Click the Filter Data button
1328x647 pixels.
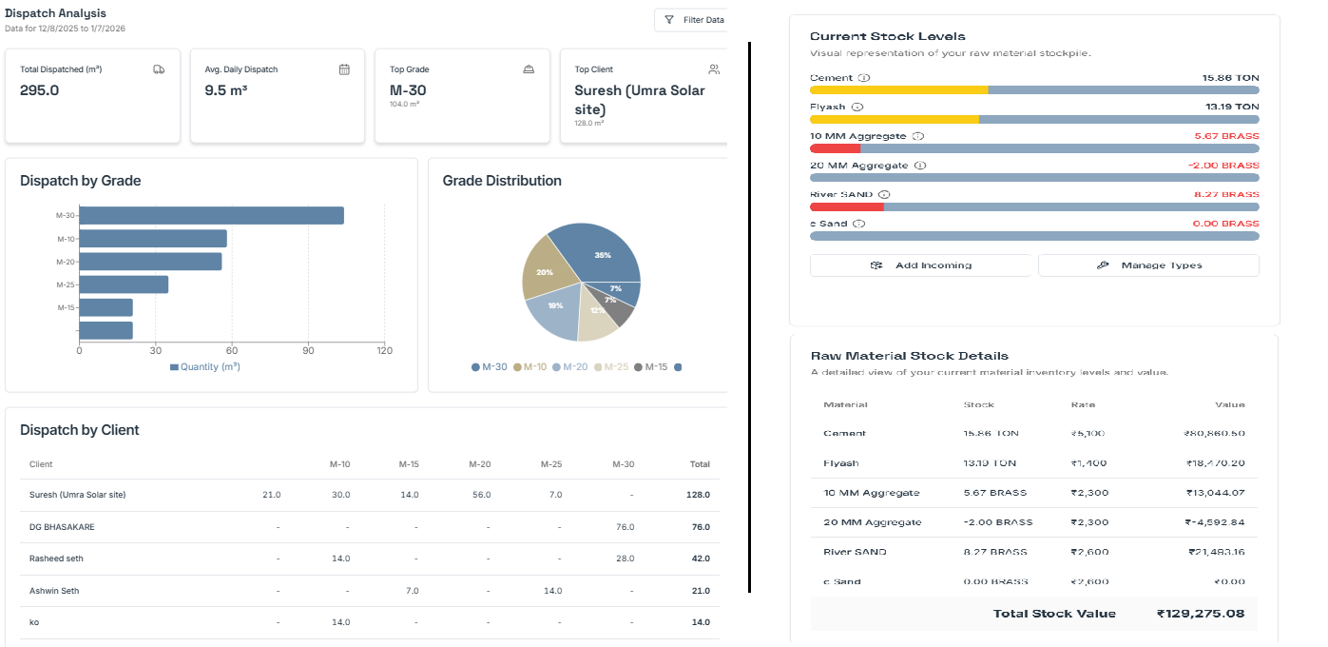coord(694,20)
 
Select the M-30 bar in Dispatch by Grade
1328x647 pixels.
coord(211,216)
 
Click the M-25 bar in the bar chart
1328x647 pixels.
coord(124,284)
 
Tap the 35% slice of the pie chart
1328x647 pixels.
coord(599,253)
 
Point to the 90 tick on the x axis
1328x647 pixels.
coord(308,350)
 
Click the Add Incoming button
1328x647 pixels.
coord(920,265)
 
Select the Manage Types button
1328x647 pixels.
coord(1148,265)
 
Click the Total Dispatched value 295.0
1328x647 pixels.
coord(40,90)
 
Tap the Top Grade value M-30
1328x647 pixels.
coord(408,90)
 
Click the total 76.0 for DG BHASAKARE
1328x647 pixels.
coord(700,527)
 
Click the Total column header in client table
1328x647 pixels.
coord(700,464)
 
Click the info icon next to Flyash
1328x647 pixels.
coord(857,108)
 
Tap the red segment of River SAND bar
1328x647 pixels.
coord(846,206)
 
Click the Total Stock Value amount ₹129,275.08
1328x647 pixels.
coord(1200,614)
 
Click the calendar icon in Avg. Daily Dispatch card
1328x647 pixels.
coord(344,69)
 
